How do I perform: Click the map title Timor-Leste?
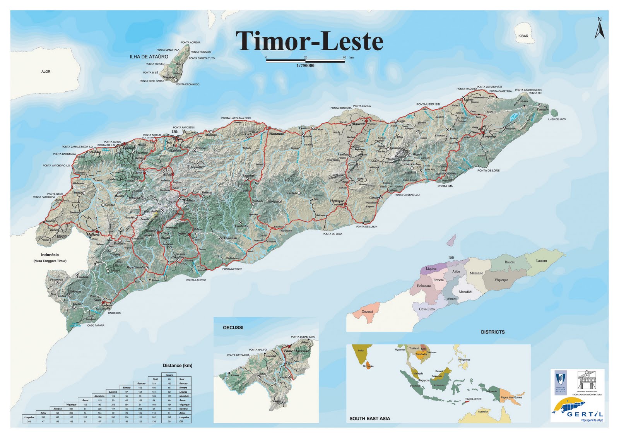[x=309, y=41]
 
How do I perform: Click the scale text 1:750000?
[x=305, y=66]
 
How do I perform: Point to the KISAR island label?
[x=523, y=36]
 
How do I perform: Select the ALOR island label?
[x=46, y=72]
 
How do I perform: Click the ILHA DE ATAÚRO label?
[x=149, y=56]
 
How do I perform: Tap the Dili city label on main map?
[x=175, y=132]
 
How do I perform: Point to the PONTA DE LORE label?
[x=488, y=171]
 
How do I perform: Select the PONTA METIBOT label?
[x=232, y=269]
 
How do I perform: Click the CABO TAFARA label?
[x=95, y=325]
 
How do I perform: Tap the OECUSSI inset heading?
[x=233, y=328]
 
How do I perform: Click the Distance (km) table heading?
[x=177, y=365]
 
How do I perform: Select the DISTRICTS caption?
[x=492, y=332]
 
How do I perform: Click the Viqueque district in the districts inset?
[x=501, y=280]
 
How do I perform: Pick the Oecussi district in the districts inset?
[x=367, y=311]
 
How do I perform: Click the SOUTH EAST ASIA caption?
[x=369, y=418]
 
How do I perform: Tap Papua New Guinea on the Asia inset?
[x=511, y=397]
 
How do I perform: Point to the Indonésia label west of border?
[x=50, y=255]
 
